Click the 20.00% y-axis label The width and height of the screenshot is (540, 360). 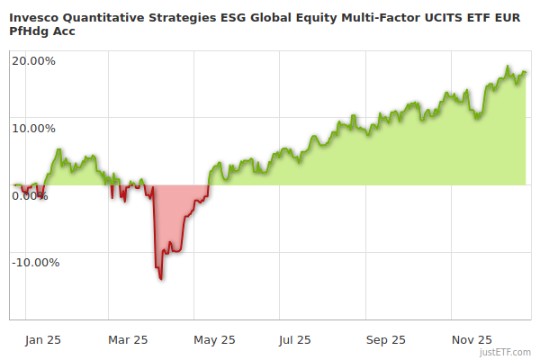34,61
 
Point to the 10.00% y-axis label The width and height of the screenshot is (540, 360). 34,128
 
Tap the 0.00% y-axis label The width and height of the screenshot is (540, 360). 31,195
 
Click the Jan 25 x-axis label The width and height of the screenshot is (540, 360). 43,339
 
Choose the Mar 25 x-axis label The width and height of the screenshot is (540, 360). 128,339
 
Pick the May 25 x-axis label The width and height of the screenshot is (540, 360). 214,339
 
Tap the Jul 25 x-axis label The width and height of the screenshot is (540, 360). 295,339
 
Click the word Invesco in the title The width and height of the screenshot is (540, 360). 35,16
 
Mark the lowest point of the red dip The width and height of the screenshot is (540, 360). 161,279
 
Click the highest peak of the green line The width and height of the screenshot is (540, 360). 508,67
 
